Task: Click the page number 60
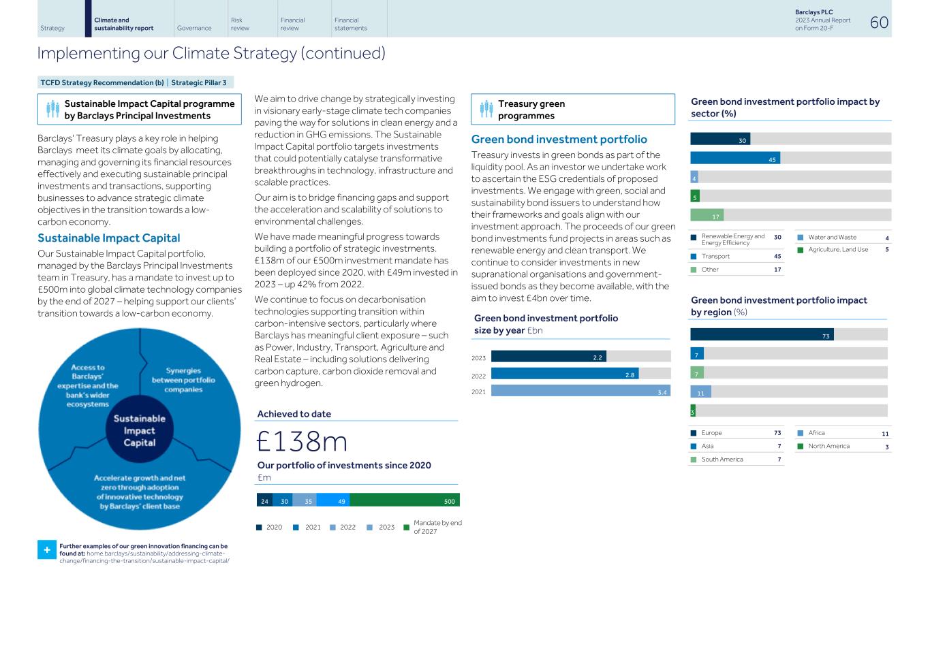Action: (x=879, y=22)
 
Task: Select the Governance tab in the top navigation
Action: (x=194, y=28)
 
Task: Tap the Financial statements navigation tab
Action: (x=351, y=25)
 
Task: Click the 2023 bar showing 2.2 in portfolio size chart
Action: (x=548, y=357)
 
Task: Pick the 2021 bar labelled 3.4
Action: (x=580, y=391)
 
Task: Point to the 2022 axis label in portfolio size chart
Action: (x=478, y=376)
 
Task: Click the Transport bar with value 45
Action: (x=735, y=158)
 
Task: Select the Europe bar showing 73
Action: (x=762, y=334)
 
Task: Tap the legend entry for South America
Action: (x=722, y=460)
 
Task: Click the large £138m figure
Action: (x=302, y=441)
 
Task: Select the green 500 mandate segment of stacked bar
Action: (x=404, y=500)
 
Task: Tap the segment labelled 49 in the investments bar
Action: (x=332, y=500)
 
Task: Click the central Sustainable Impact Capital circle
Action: (x=140, y=430)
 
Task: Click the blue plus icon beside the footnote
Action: (x=46, y=550)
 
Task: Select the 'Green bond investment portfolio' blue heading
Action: (x=559, y=140)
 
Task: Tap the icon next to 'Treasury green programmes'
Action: (x=486, y=109)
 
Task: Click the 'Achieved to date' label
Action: (x=294, y=414)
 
